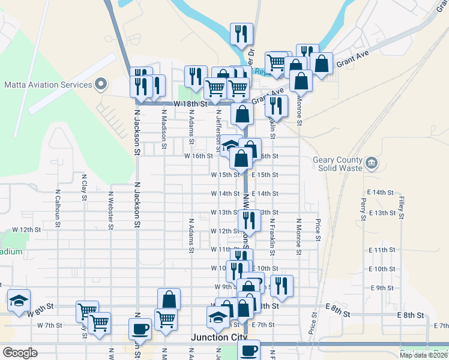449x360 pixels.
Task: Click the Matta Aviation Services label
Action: point(48,85)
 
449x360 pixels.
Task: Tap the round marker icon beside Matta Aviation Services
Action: point(100,84)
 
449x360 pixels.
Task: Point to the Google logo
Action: point(19,353)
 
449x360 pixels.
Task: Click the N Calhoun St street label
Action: point(58,208)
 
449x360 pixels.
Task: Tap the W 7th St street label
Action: point(49,325)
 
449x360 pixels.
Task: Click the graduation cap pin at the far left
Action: point(19,299)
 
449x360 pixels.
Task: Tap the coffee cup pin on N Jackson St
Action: point(140,328)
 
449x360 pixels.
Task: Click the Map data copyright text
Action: point(423,355)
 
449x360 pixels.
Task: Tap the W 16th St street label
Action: point(199,156)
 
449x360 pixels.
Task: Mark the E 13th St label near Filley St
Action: point(381,213)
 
